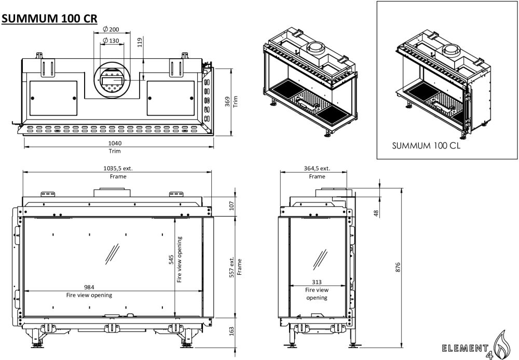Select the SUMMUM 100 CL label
click(426, 145)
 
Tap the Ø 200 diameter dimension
click(110, 29)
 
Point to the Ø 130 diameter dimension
click(110, 41)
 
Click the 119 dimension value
click(139, 43)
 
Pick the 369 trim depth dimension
click(227, 101)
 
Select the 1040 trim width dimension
click(115, 144)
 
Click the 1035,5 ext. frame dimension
click(117, 168)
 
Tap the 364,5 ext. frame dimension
click(317, 168)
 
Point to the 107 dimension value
click(232, 206)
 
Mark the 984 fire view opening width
click(89, 288)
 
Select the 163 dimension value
click(232, 331)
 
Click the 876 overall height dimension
click(398, 266)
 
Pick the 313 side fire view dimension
click(317, 283)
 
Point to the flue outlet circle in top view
click(110, 78)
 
